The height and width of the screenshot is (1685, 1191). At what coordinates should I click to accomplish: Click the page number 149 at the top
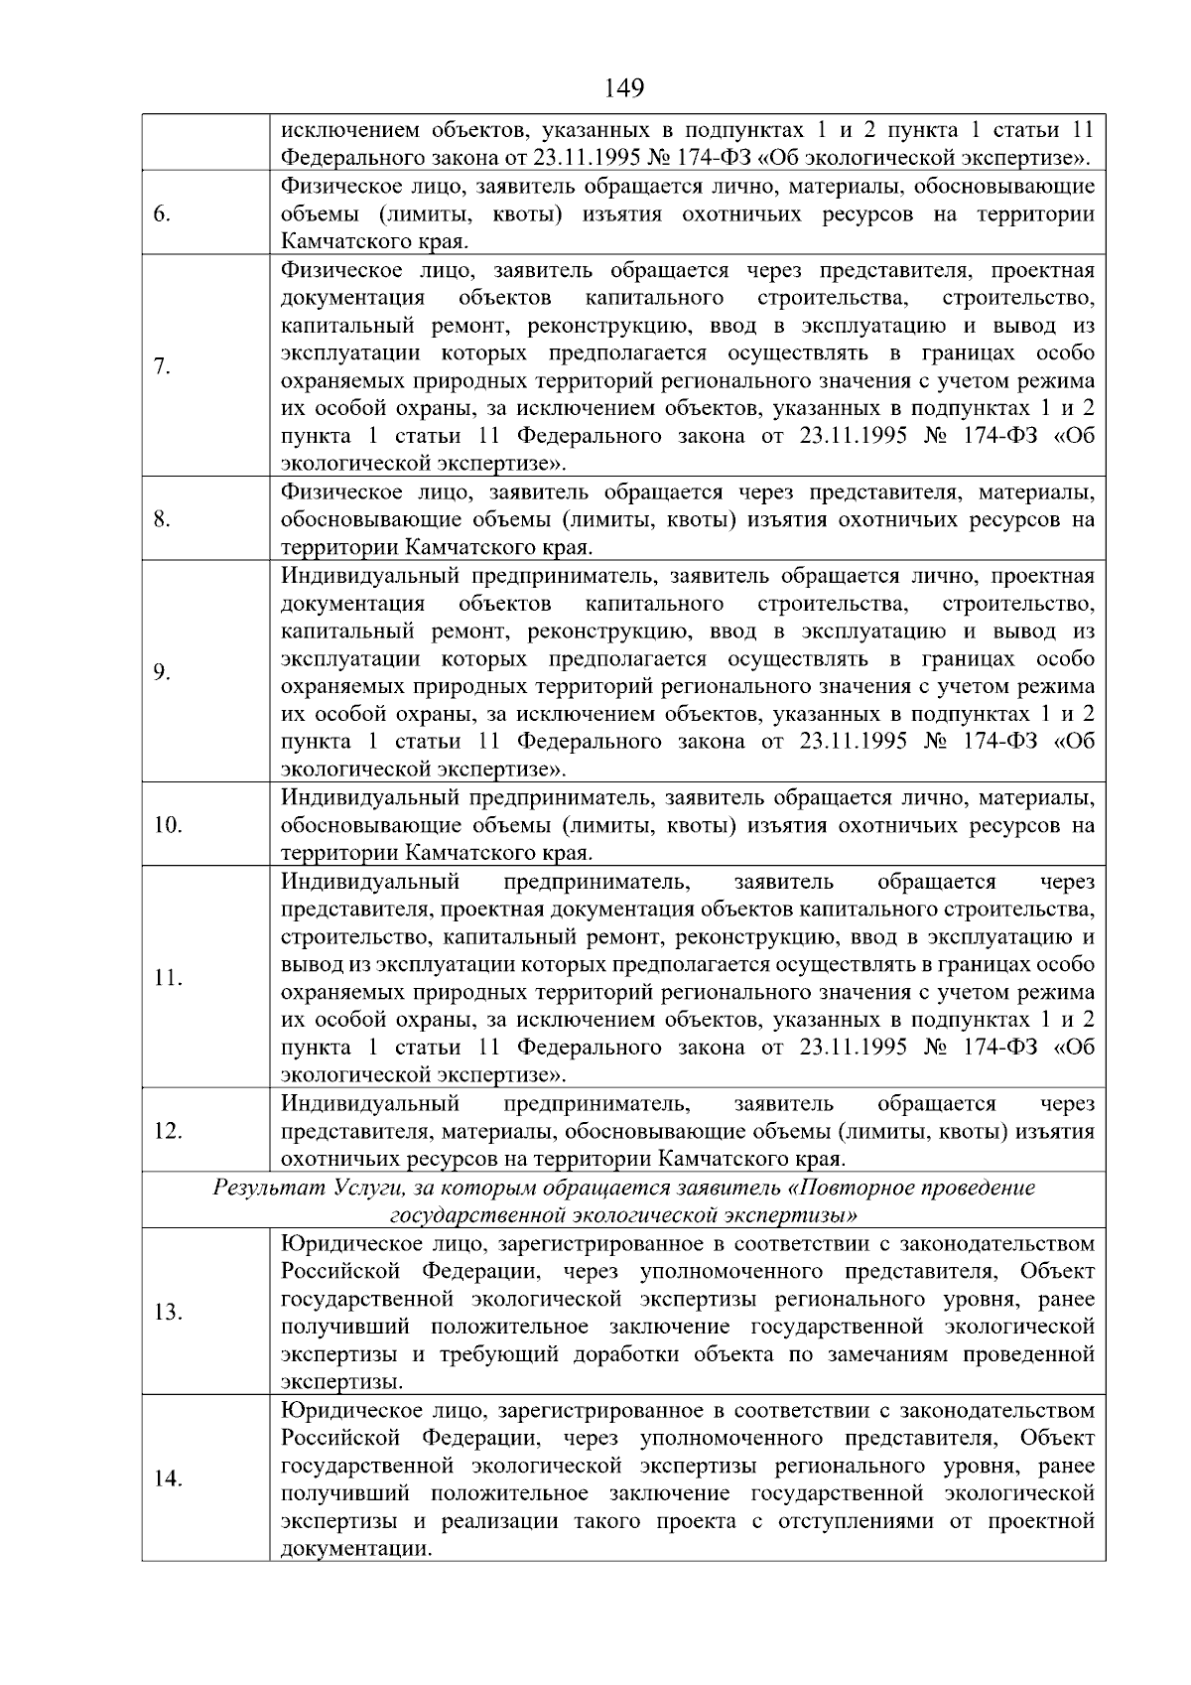tap(624, 88)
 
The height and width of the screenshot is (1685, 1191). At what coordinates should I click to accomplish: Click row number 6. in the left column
tap(164, 215)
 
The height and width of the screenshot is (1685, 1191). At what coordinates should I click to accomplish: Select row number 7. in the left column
tap(164, 367)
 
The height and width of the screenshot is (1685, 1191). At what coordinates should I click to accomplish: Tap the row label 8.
tap(164, 519)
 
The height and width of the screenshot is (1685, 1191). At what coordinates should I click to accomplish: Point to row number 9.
tap(164, 672)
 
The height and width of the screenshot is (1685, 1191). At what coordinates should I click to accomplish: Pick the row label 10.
tap(168, 825)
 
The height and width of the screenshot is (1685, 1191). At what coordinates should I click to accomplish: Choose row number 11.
tap(168, 978)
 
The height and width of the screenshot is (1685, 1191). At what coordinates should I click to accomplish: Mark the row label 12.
tap(168, 1131)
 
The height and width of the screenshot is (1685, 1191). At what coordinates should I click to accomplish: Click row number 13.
tap(168, 1312)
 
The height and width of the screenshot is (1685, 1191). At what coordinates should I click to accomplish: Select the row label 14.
tap(168, 1478)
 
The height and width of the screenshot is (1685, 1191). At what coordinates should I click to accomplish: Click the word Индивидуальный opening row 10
tap(370, 798)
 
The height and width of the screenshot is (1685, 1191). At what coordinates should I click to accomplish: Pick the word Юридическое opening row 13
tap(343, 1244)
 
